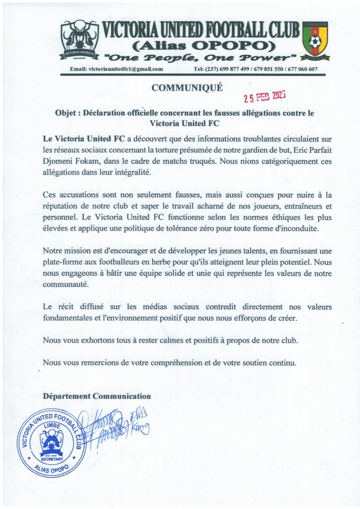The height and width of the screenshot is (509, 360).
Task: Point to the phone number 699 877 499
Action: pyautogui.click(x=226, y=69)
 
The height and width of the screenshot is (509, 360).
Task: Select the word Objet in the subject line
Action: pyautogui.click(x=65, y=113)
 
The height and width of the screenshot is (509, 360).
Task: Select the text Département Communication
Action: pyautogui.click(x=96, y=396)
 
